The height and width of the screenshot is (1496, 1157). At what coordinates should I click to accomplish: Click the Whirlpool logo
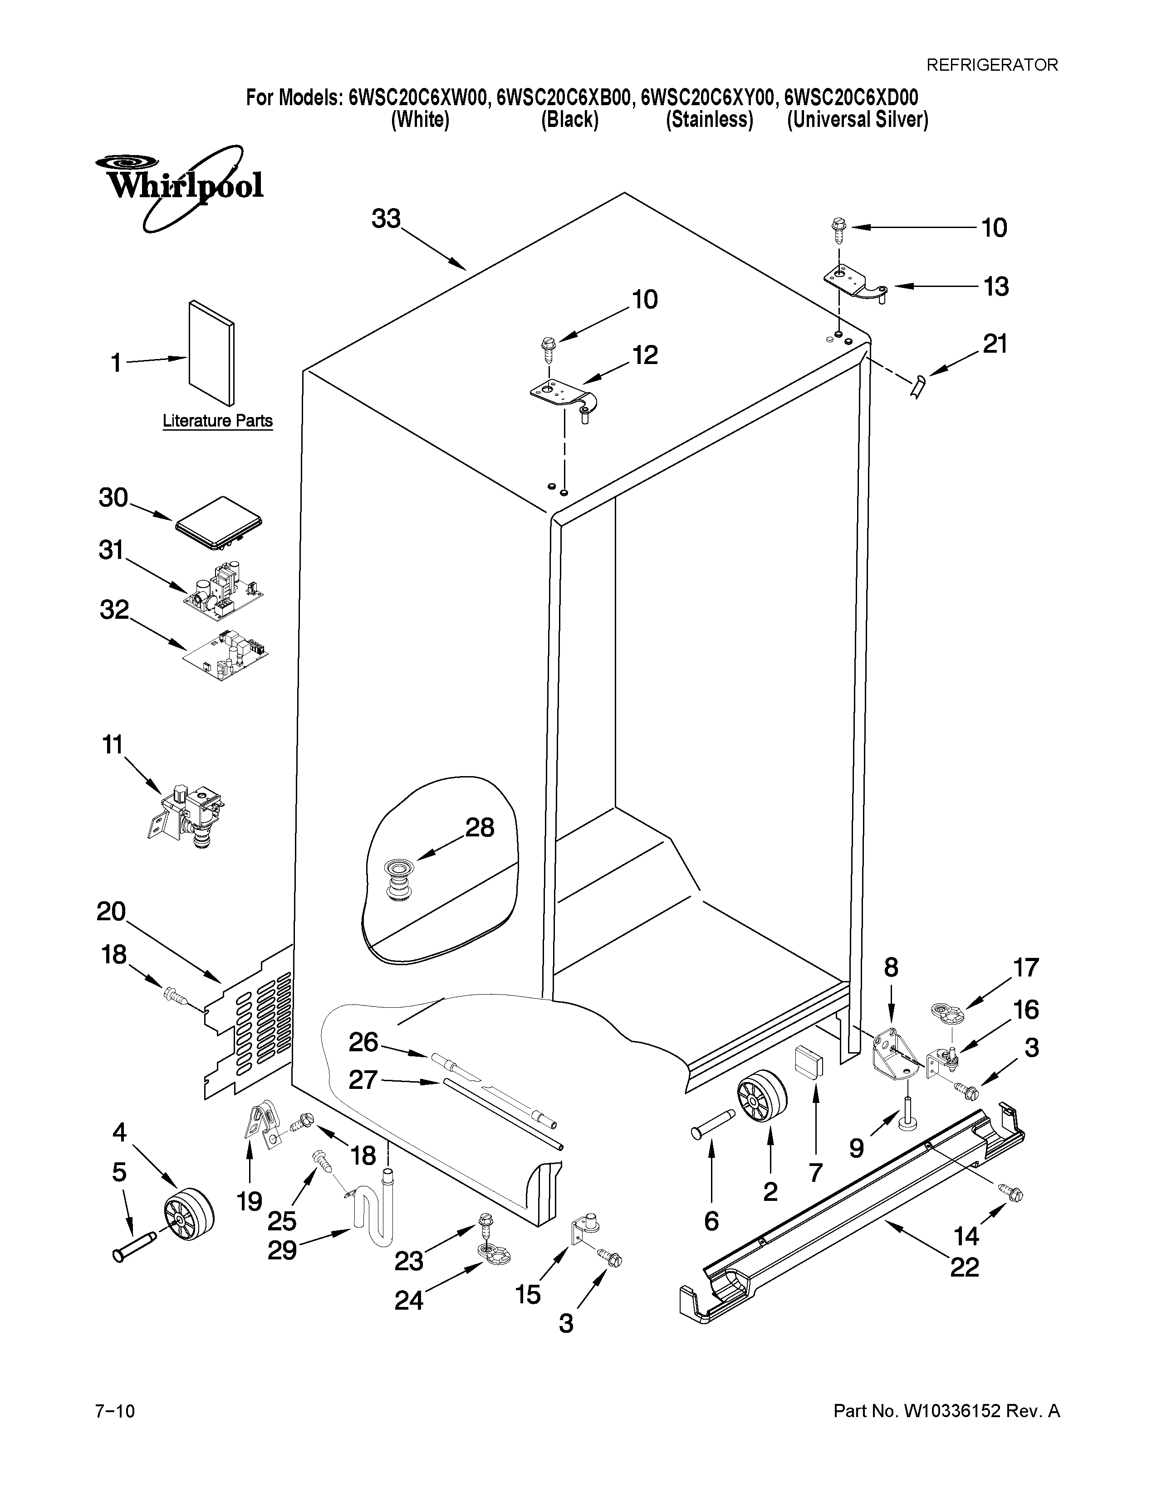click(180, 186)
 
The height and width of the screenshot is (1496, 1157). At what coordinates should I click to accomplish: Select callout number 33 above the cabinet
click(386, 219)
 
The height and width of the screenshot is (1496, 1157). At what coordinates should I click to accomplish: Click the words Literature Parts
click(217, 421)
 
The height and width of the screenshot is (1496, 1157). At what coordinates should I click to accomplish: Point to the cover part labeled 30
click(221, 525)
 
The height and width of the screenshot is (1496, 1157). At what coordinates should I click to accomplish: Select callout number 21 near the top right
click(995, 344)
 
